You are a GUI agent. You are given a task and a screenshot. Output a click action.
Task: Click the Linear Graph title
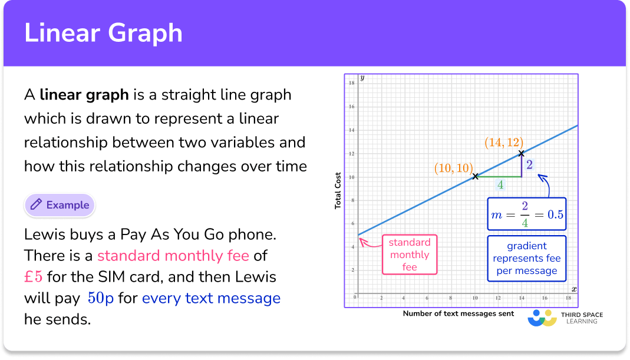(x=103, y=33)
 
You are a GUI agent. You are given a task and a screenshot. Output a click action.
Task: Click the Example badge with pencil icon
(x=60, y=205)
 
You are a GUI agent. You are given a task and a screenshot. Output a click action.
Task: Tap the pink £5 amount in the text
(x=33, y=277)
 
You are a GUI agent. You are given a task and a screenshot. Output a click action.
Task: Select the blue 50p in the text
(x=101, y=298)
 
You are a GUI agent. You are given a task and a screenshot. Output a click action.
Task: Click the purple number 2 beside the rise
(x=529, y=164)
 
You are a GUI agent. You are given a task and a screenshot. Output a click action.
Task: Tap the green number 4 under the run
(x=500, y=185)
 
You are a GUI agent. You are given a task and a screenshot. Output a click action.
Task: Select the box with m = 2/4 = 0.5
(x=526, y=214)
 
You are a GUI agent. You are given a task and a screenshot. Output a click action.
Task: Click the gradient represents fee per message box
(x=526, y=258)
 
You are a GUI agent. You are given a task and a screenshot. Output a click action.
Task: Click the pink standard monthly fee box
(x=410, y=255)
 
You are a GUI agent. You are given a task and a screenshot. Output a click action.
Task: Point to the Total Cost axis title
(x=338, y=189)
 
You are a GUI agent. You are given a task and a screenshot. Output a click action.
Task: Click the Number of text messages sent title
(x=458, y=313)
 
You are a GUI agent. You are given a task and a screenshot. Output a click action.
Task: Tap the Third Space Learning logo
(x=564, y=318)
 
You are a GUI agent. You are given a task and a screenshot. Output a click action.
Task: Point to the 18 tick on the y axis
(x=351, y=83)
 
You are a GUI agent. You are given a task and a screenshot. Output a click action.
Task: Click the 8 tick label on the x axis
(x=451, y=298)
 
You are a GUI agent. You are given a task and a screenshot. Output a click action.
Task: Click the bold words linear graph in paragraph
(x=84, y=94)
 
